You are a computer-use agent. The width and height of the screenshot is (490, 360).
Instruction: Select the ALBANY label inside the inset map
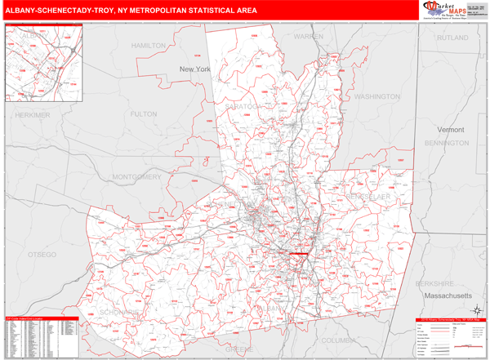(35, 37)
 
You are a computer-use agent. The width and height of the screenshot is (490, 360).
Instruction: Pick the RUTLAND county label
(452, 38)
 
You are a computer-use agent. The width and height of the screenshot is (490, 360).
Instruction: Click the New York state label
(195, 69)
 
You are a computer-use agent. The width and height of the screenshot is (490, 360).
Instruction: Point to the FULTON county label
(143, 114)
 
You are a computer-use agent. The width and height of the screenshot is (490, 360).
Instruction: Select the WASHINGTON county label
(377, 96)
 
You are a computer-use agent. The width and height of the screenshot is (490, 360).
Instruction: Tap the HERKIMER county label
(32, 115)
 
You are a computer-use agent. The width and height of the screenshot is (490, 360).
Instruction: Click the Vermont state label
(450, 130)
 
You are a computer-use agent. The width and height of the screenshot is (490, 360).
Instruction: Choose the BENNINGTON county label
(448, 143)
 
